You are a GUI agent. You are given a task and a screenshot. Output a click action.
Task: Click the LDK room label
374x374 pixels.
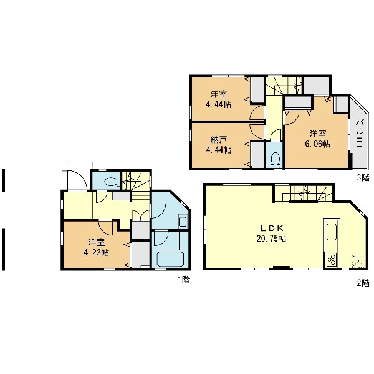(271, 229)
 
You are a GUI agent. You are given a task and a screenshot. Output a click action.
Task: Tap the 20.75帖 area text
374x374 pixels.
(271, 239)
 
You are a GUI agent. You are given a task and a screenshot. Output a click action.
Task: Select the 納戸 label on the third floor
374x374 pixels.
(219, 140)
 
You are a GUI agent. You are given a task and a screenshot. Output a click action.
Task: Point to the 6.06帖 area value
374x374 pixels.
(317, 144)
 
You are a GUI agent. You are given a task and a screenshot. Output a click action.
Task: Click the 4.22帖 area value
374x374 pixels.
(97, 252)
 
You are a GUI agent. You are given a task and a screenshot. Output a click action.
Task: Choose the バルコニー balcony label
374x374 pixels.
(360, 140)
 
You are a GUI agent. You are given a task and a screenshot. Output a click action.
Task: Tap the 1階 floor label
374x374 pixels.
(184, 279)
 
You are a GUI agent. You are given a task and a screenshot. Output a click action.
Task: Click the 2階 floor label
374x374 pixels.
(363, 283)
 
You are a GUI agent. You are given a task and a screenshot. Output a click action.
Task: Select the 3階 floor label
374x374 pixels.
(363, 177)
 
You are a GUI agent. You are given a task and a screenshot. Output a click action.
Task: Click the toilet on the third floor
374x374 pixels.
(275, 159)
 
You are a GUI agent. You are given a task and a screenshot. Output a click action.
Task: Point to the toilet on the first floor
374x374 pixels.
(111, 182)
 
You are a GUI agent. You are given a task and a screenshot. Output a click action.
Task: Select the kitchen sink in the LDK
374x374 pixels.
(332, 232)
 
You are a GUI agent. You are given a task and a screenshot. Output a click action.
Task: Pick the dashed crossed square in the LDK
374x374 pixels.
(358, 261)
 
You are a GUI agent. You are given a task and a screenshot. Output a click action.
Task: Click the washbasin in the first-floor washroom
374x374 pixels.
(183, 222)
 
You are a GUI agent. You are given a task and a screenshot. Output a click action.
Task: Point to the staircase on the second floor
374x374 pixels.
(304, 193)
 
